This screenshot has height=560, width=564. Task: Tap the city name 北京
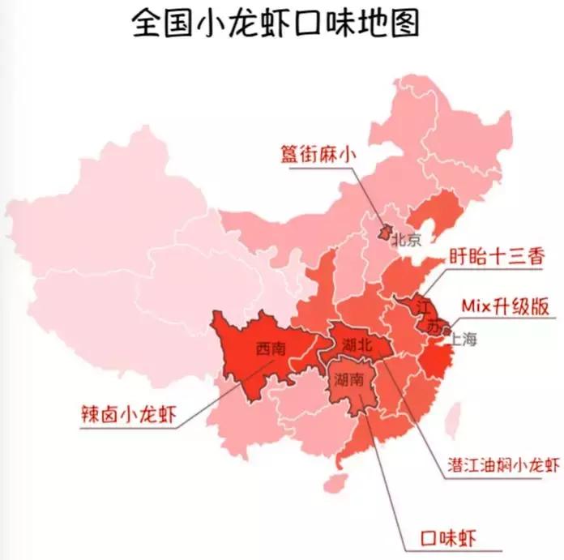tap(407, 240)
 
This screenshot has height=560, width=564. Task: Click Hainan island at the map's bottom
tap(331, 484)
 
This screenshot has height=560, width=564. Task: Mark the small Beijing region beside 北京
tap(386, 233)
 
